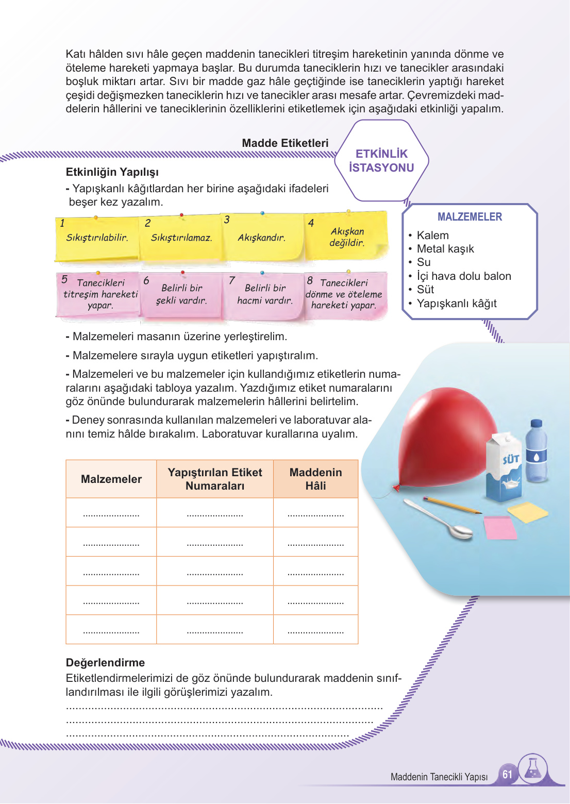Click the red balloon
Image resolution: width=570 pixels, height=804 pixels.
tap(443, 438)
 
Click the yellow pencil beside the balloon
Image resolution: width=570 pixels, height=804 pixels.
tap(451, 506)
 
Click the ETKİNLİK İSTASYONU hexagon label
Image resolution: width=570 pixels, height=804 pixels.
tap(381, 161)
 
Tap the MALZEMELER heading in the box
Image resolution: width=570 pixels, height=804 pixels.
tap(470, 217)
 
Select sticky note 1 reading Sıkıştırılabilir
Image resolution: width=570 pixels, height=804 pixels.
tap(96, 238)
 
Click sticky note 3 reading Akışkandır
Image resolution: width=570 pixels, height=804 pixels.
tap(262, 238)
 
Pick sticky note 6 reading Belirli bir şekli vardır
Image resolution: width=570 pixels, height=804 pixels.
tap(181, 294)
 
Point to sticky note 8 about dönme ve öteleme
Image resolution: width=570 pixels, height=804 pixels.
tap(344, 294)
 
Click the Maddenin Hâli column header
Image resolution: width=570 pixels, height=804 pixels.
tap(315, 479)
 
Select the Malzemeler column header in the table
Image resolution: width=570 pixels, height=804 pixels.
tap(111, 479)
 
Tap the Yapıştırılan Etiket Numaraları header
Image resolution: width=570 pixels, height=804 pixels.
tap(215, 479)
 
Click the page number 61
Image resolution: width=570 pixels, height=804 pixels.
tap(507, 775)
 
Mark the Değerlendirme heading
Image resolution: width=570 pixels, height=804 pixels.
tap(105, 663)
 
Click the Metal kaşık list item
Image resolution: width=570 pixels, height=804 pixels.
tap(445, 249)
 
